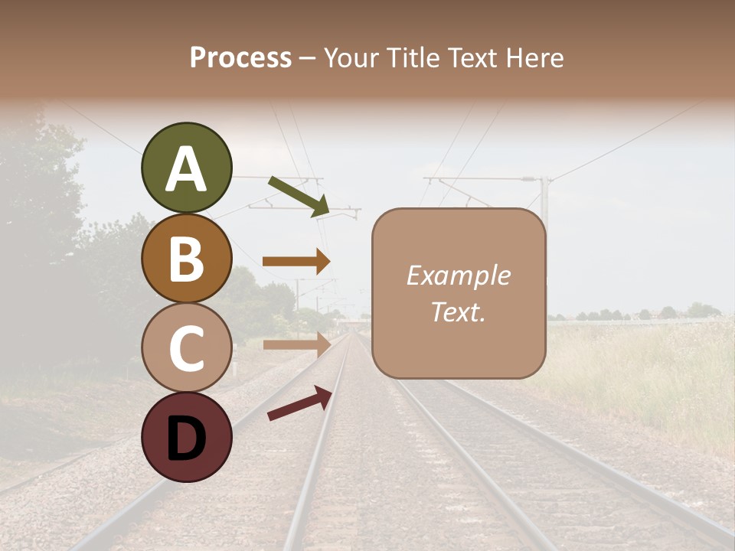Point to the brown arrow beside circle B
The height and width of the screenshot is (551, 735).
(296, 262)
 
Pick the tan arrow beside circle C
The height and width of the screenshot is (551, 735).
(296, 344)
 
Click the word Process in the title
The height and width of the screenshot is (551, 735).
(240, 58)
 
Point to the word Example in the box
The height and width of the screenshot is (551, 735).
(458, 275)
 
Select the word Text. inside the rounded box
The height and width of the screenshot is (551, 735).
(458, 311)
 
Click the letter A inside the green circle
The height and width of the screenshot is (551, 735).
(187, 170)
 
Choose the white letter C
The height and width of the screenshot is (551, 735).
(187, 348)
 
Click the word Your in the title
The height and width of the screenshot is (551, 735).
(348, 58)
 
